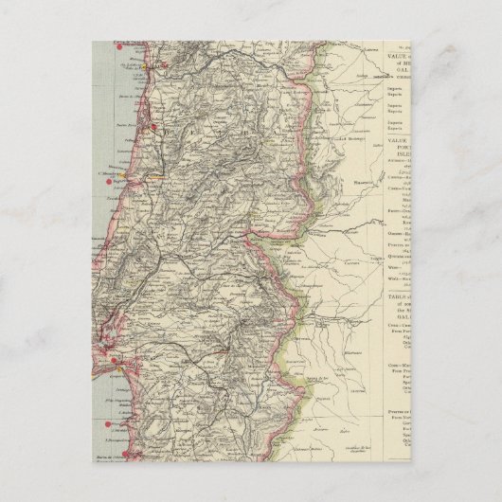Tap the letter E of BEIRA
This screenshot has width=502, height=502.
179,127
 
